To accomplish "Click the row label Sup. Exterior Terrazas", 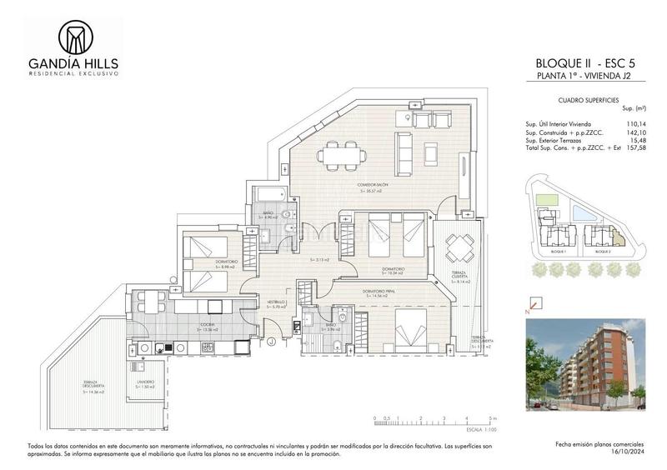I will (554, 140).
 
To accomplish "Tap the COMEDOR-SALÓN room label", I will (370, 185).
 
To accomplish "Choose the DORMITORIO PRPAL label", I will (384, 291).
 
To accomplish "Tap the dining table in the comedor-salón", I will (341, 154).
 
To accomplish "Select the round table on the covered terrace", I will (459, 246).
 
